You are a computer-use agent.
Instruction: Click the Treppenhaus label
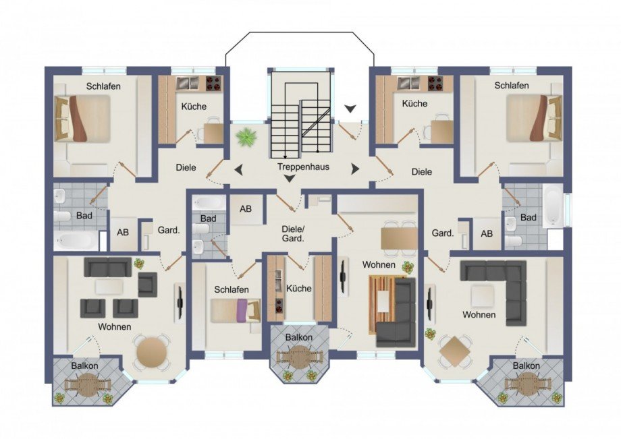(303, 167)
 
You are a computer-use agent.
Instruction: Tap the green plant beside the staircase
(246, 138)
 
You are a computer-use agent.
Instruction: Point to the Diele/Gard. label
(293, 234)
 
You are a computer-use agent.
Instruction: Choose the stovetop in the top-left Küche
(213, 83)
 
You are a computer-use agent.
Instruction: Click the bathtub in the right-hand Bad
(552, 206)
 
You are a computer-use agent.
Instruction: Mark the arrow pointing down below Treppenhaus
(290, 179)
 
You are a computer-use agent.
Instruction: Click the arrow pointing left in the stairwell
(238, 170)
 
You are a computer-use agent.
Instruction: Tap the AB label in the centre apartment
(246, 208)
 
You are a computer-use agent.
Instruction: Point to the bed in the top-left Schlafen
(82, 118)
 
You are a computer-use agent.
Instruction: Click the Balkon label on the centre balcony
(299, 337)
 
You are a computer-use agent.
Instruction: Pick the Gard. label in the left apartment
(169, 230)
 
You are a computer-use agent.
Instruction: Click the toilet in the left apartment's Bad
(62, 216)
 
